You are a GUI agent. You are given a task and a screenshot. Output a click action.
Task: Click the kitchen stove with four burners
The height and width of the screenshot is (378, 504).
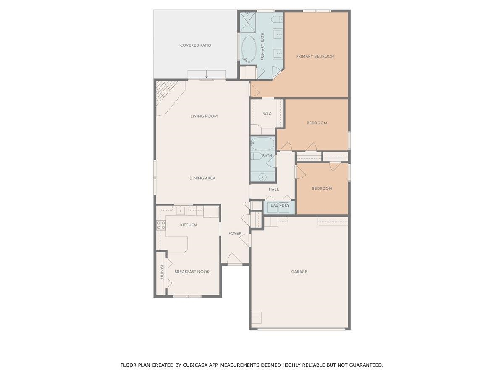click(x=161, y=225)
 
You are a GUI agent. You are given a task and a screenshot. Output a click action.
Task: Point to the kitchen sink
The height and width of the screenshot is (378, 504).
click(x=181, y=210)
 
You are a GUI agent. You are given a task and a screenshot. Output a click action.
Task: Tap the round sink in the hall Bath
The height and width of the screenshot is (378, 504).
click(x=262, y=177)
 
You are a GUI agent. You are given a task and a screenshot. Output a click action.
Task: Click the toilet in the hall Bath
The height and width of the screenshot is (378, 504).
click(x=257, y=156)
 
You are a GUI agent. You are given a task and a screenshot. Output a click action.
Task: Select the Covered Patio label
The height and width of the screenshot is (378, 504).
click(x=195, y=45)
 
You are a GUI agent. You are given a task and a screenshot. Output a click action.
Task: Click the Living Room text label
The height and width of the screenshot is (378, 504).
click(x=204, y=116)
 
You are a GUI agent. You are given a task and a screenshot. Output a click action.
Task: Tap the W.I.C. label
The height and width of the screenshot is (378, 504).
click(x=268, y=114)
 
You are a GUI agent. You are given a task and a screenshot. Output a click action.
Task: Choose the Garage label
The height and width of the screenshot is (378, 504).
click(x=299, y=272)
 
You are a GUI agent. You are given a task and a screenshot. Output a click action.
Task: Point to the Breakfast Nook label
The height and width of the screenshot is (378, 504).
click(x=192, y=272)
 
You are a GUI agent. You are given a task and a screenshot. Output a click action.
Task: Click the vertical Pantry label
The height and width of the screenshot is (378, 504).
click(x=161, y=272)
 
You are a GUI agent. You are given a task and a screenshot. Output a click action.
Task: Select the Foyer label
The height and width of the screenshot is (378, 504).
click(x=235, y=234)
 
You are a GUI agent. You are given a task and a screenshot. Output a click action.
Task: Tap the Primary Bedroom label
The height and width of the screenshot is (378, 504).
click(x=315, y=56)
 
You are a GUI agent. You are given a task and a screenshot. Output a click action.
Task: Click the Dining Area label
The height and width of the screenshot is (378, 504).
click(x=202, y=178)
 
